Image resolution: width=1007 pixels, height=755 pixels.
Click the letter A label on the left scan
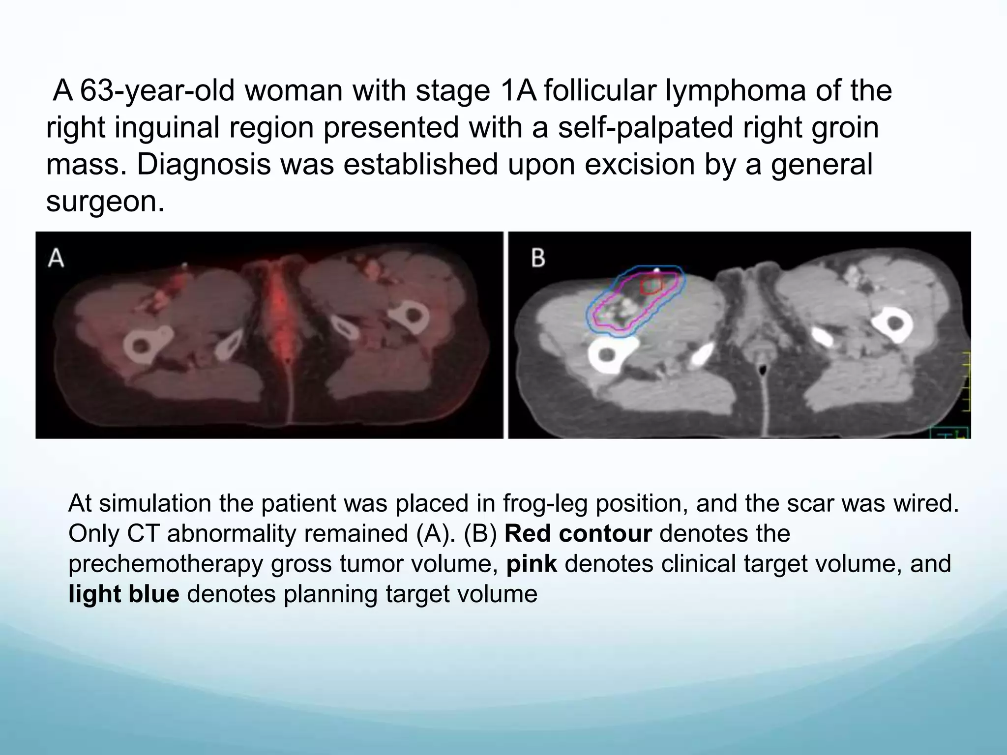tap(56, 258)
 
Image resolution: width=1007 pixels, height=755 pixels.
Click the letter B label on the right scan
tap(538, 258)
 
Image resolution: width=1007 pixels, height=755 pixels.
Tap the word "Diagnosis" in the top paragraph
tap(203, 164)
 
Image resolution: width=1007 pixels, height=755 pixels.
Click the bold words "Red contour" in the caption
tap(578, 533)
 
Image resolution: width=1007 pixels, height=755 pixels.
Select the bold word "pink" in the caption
tap(532, 564)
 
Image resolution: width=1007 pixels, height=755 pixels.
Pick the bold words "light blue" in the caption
tap(124, 594)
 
